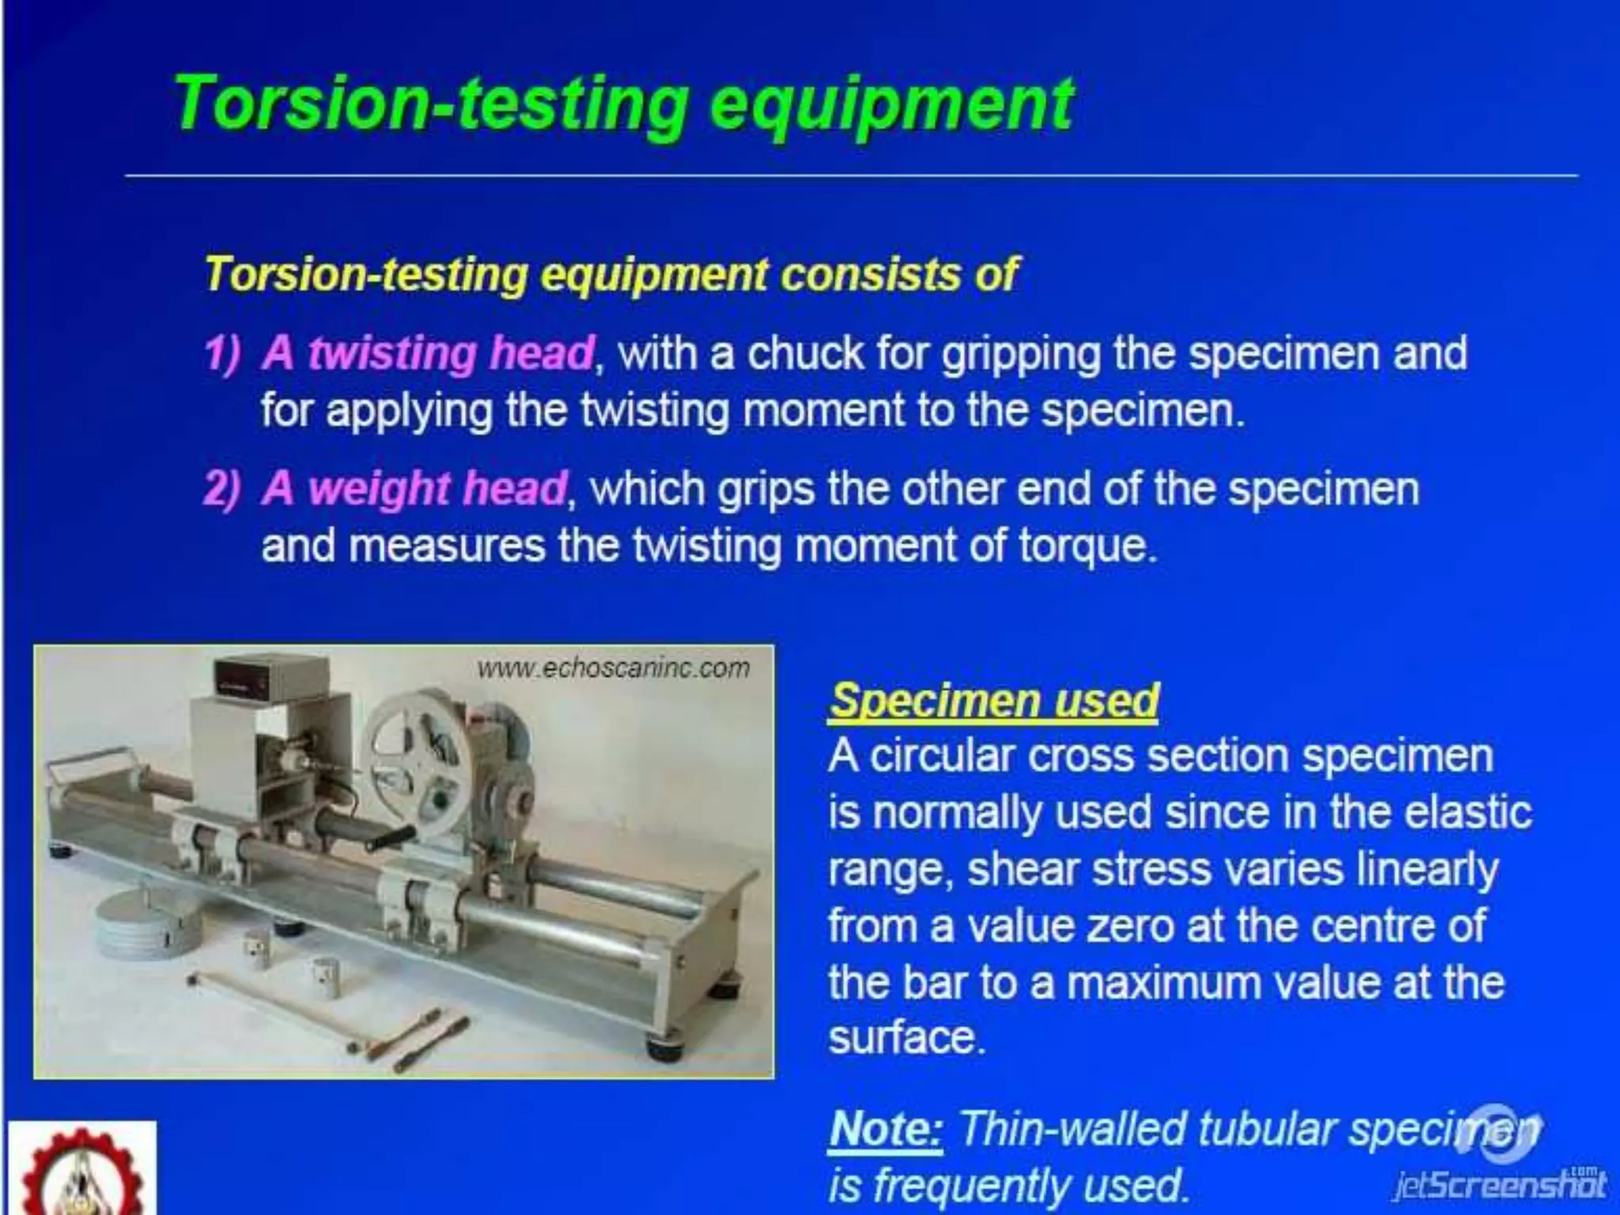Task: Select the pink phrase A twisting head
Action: (428, 353)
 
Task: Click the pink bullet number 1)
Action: (221, 353)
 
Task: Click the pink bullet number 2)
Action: (221, 489)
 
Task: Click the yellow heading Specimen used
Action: (994, 701)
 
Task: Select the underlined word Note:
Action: (887, 1130)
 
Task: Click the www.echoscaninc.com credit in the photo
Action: (613, 668)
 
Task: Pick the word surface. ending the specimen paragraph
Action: (907, 1038)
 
